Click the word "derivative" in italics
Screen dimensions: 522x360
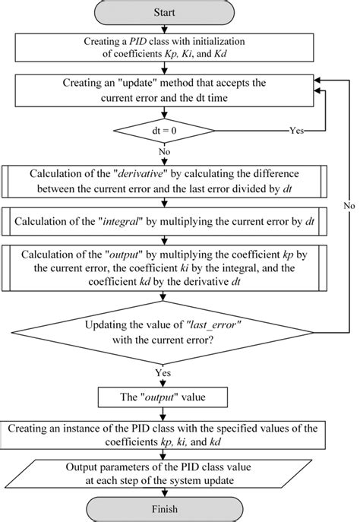point(156,171)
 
